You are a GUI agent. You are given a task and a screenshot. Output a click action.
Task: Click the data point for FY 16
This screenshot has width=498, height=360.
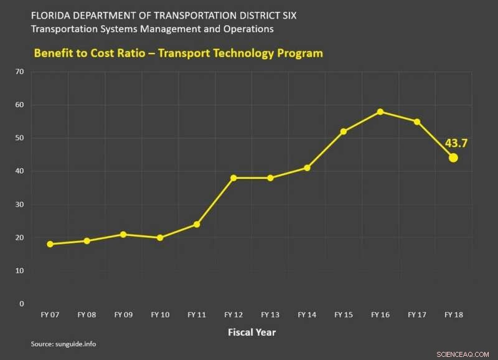380,111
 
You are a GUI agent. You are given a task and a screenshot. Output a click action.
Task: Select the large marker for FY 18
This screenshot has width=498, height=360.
453,158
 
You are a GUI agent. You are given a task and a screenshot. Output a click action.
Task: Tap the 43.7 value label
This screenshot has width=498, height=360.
456,143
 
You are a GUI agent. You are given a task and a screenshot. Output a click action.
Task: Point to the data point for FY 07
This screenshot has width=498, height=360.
50,244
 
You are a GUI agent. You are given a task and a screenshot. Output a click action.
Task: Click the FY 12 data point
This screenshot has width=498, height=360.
233,178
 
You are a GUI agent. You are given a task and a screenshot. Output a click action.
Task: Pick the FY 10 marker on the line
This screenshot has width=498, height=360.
160,237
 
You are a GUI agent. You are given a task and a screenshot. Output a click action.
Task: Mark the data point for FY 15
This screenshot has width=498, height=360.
344,131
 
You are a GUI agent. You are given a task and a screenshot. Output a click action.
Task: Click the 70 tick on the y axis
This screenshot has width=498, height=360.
20,72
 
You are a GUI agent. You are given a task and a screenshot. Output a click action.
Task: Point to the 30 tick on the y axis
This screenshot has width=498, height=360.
20,204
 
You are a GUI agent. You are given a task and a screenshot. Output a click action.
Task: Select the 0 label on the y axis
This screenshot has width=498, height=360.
22,304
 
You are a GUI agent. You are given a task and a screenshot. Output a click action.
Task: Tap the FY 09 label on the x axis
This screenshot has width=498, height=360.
123,315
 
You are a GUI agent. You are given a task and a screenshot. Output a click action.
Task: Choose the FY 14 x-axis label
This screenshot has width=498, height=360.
307,315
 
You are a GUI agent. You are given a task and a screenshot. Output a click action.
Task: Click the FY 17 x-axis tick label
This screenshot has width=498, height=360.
417,315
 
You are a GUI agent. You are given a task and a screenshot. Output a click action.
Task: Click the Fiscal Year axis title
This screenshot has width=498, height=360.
251,332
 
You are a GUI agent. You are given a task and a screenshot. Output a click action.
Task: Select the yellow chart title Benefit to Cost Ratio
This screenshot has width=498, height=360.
178,53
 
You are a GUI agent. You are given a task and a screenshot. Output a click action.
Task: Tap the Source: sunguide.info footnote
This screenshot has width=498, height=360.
63,344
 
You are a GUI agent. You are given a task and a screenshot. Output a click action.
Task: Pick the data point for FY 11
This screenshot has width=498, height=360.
197,224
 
